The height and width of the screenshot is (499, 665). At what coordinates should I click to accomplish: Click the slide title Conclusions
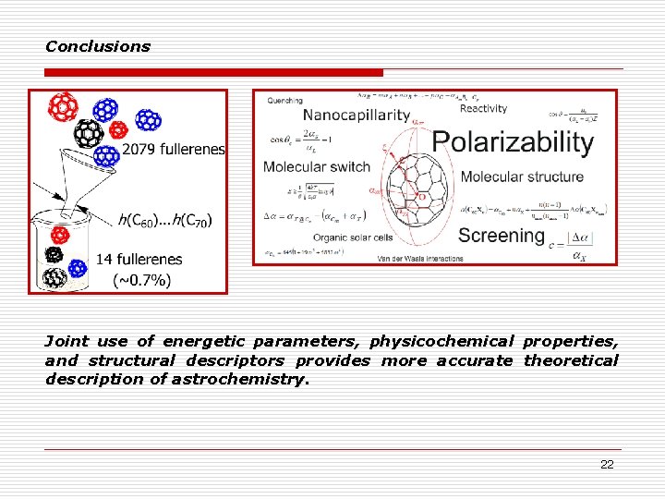97,46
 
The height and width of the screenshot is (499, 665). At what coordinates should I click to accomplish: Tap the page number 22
607,465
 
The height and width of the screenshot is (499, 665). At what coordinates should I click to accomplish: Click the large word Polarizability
513,141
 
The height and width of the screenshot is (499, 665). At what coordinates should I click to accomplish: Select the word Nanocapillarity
356,116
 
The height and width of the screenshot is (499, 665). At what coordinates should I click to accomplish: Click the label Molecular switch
316,167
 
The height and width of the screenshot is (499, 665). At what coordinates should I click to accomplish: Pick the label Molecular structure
522,176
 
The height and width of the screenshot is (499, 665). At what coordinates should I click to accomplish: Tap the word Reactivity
483,108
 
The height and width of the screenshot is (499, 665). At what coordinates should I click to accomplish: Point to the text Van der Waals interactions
420,259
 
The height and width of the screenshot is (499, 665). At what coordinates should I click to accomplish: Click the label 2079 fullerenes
173,149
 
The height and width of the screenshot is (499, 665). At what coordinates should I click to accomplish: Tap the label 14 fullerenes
139,260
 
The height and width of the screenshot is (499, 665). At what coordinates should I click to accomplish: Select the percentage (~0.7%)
141,280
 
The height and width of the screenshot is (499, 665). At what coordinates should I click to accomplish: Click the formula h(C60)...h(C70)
164,220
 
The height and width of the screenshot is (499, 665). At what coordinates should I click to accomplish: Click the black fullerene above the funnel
88,134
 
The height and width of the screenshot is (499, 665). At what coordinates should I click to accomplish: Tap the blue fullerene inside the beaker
78,268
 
